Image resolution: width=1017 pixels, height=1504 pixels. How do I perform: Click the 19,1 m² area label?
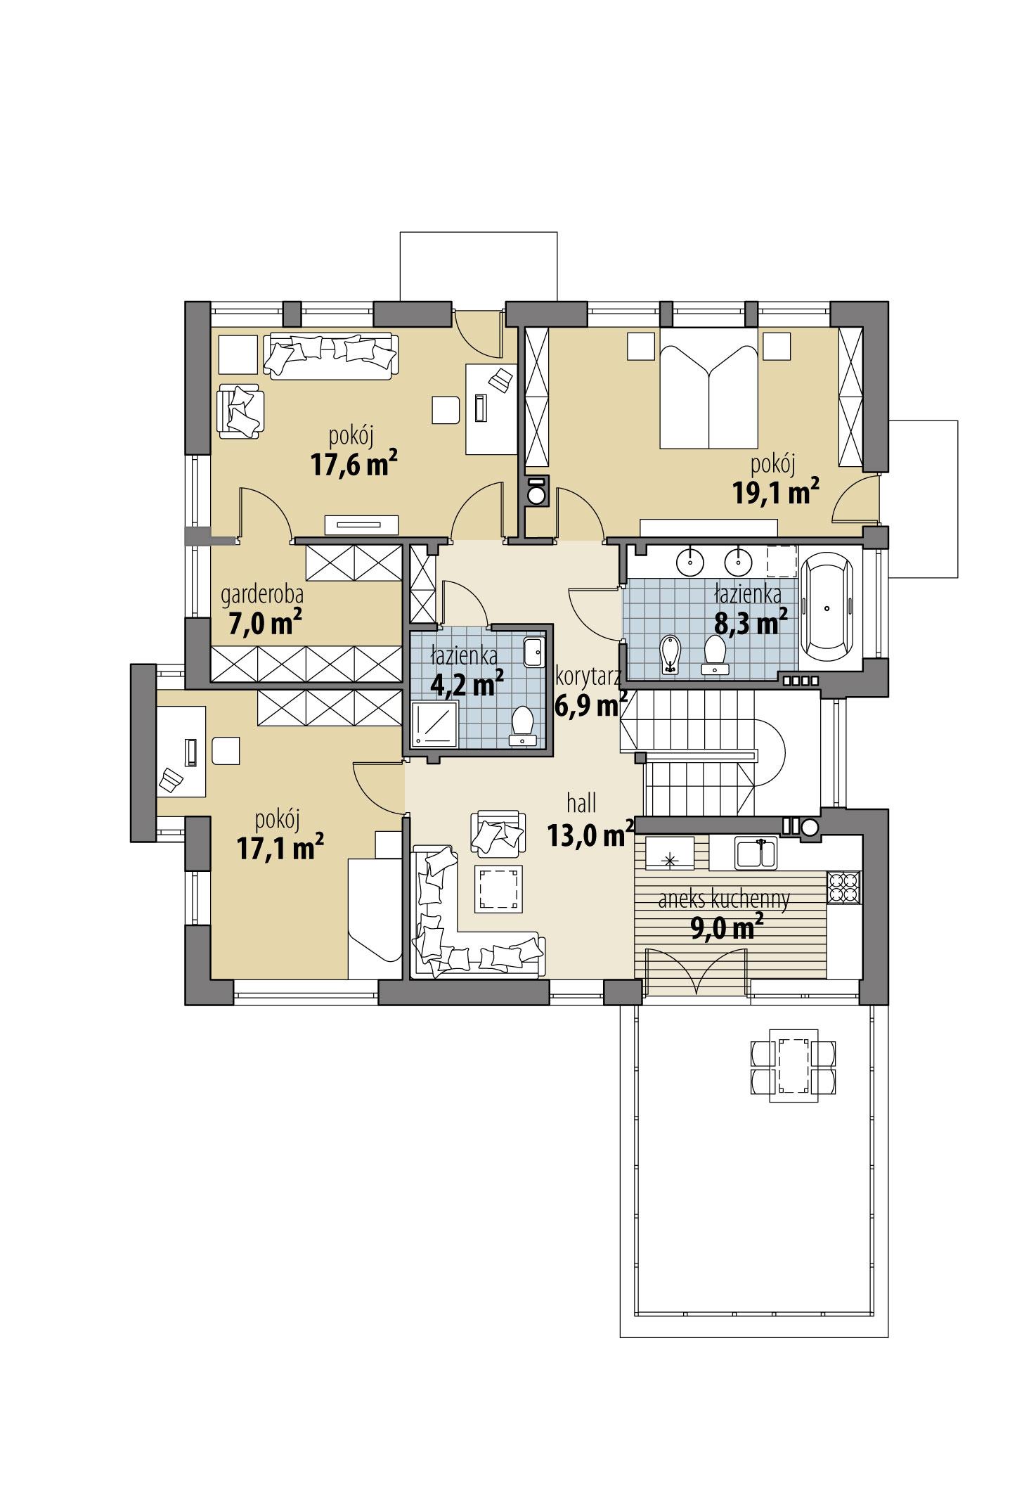pyautogui.click(x=776, y=493)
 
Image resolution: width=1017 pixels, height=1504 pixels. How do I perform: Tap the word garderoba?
pyautogui.click(x=262, y=595)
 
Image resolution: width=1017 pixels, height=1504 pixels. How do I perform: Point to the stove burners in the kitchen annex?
pyautogui.click(x=844, y=887)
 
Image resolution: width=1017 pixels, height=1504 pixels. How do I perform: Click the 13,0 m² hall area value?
pyautogui.click(x=589, y=835)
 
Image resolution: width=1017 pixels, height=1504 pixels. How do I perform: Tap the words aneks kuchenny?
pyautogui.click(x=724, y=899)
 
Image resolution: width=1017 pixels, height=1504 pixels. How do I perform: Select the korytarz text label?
pyautogui.click(x=587, y=677)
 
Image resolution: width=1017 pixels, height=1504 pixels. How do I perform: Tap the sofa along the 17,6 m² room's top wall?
pyautogui.click(x=330, y=356)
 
